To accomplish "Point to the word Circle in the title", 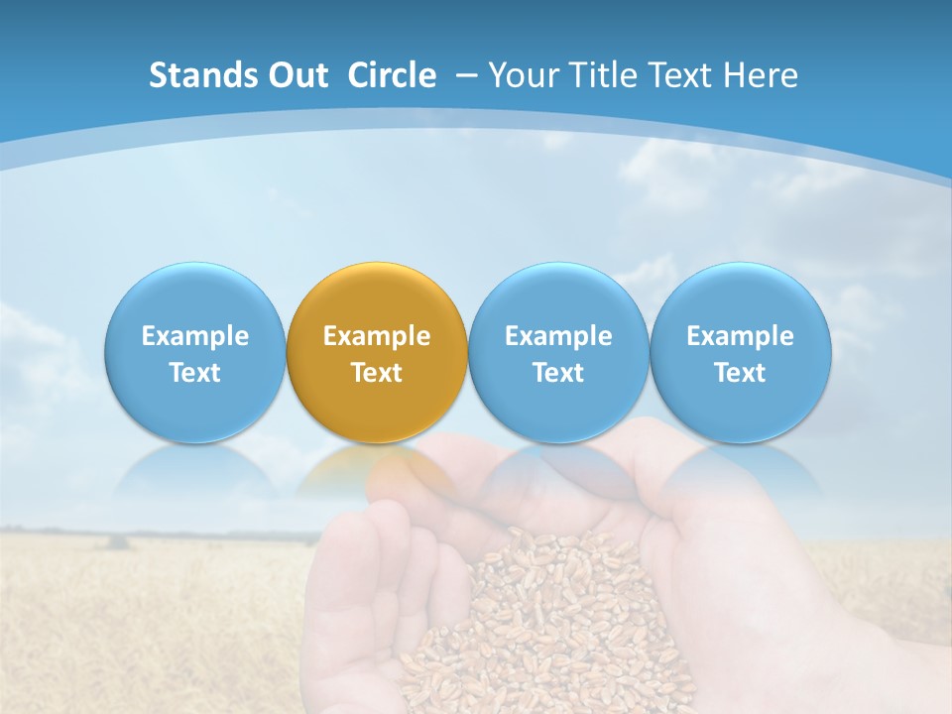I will click(392, 75).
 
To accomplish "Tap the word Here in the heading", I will click(760, 75).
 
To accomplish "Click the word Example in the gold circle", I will click(377, 336).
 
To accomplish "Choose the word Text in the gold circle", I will click(377, 373).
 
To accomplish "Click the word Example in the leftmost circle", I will click(194, 336).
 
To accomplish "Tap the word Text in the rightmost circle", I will click(740, 373).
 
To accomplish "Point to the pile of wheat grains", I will click(555, 615).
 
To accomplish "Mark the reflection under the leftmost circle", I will click(194, 471).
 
